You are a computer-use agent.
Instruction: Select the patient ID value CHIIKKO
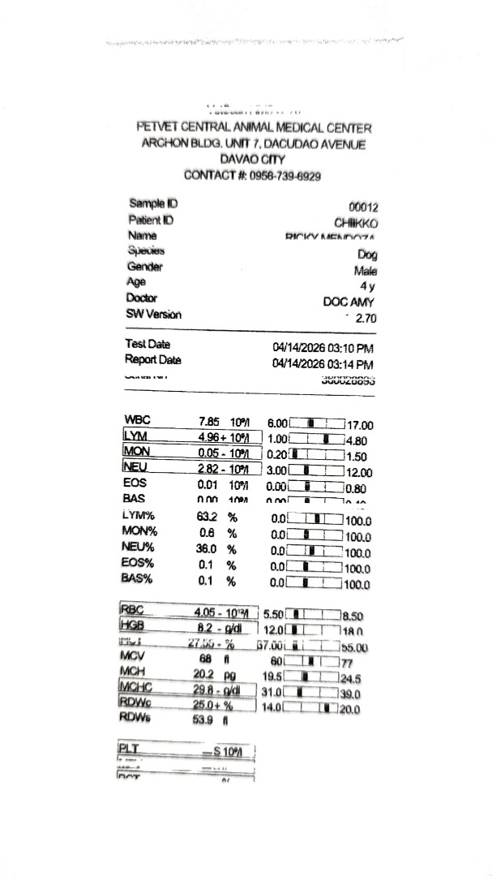point(356,222)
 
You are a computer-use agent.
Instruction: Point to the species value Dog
point(367,255)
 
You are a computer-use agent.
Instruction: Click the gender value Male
point(366,271)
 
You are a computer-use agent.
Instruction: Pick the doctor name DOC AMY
point(349,302)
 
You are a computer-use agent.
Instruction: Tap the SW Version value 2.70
point(366,318)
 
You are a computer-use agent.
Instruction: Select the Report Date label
point(153,359)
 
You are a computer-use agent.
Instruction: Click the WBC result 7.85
point(209,422)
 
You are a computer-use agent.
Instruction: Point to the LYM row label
point(135,436)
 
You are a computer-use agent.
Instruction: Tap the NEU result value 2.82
point(210,469)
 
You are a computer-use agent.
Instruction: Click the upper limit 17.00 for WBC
point(359,425)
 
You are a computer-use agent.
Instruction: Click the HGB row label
point(131,625)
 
